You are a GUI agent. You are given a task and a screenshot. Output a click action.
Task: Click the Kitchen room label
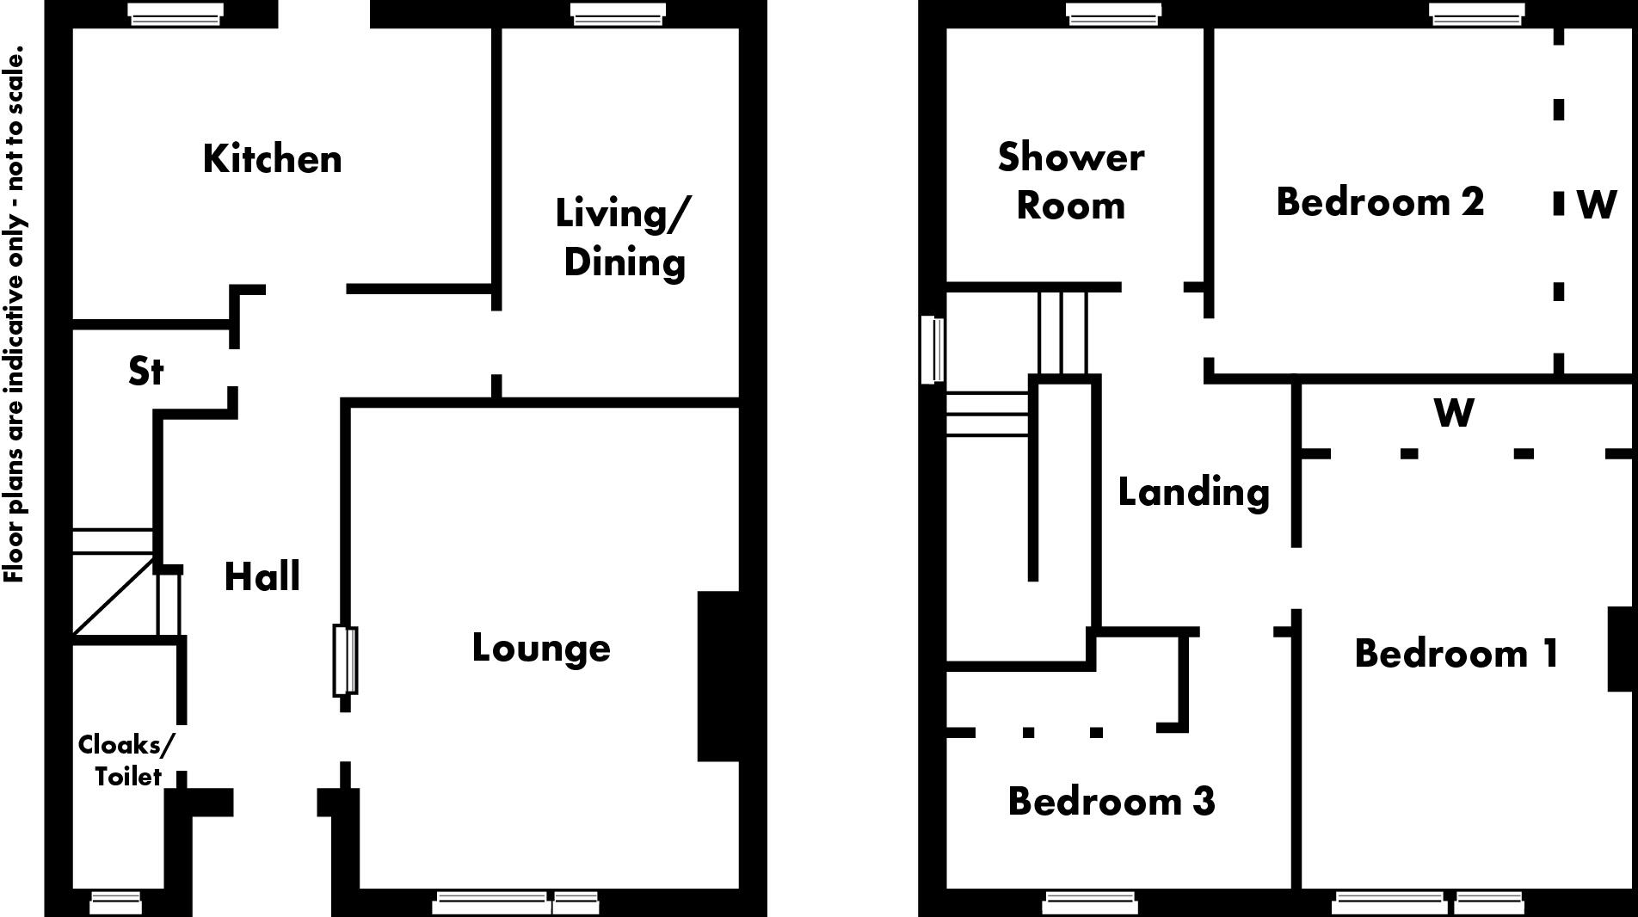click(272, 159)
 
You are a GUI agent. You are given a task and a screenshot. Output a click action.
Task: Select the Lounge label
click(541, 649)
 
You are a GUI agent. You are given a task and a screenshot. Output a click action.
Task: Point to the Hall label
click(262, 576)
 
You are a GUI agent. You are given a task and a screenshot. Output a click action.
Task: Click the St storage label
click(145, 372)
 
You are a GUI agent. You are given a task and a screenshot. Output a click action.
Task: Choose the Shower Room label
click(1071, 182)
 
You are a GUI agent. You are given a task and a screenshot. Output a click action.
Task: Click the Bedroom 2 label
click(1380, 202)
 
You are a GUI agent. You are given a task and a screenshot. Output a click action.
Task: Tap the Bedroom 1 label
click(1456, 654)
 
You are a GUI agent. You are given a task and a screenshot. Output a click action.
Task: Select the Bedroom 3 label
click(1111, 802)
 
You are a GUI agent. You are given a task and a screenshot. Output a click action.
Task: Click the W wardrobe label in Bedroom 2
click(1597, 205)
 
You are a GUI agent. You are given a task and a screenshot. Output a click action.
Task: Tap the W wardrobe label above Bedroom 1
click(1454, 413)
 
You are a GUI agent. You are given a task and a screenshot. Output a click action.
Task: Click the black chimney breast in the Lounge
click(718, 676)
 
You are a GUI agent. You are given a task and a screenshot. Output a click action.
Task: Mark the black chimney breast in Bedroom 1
click(1620, 649)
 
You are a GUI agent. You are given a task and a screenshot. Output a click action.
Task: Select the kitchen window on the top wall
click(175, 15)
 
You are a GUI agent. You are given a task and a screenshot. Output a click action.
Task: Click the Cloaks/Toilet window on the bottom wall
click(116, 902)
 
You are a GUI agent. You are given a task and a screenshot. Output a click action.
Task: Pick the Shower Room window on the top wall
click(1113, 15)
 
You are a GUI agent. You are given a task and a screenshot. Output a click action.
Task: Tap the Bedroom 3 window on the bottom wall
click(1090, 902)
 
